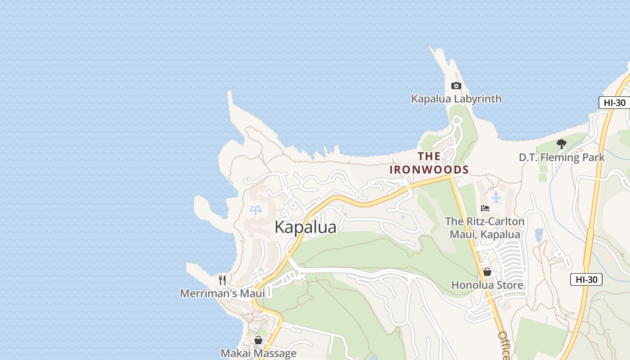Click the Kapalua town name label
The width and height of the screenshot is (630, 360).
pos(305,227)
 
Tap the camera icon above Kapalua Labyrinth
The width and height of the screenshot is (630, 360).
pos(456,85)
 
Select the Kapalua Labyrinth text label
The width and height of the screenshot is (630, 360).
pos(456,99)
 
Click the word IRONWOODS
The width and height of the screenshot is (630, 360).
pos(429,170)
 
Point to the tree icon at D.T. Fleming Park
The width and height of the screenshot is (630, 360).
pos(561,144)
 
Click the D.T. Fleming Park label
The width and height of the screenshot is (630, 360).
pos(561,157)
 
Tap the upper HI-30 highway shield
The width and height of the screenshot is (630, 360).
pos(614,103)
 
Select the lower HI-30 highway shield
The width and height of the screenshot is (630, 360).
pos(586,279)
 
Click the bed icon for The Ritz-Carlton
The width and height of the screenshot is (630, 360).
pos(485,208)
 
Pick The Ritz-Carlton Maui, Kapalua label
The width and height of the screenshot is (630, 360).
pos(485,228)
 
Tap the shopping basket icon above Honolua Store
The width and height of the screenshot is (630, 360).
pos(487,272)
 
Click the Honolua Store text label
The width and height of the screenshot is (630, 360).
pos(487,285)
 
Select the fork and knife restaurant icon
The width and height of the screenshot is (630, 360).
pos(222,280)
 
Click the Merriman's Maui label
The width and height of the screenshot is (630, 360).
pos(222,293)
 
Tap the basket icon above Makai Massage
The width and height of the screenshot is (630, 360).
pos(258,340)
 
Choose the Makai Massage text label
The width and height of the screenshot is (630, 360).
pos(258,353)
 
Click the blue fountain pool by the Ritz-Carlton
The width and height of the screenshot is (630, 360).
pos(496,197)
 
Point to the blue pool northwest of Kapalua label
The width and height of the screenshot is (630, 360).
pos(256,210)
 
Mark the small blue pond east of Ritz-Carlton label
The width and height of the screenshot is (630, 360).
pos(539,234)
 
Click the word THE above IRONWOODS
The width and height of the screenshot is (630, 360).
pos(429,156)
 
